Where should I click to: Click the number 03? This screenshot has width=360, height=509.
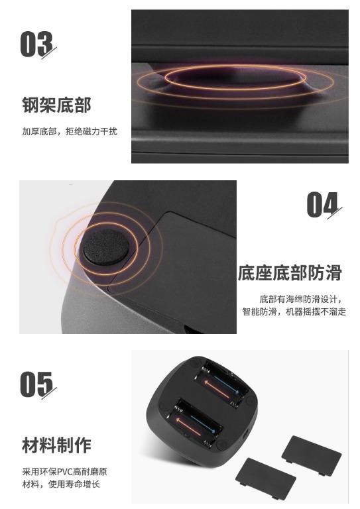pyautogui.click(x=37, y=44)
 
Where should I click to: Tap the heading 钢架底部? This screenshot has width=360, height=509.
pyautogui.click(x=56, y=105)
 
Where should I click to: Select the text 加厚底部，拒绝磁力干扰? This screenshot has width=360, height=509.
pyautogui.click(x=69, y=131)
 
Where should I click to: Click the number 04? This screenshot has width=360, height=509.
pyautogui.click(x=323, y=205)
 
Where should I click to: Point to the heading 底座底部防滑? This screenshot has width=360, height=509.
pyautogui.click(x=290, y=272)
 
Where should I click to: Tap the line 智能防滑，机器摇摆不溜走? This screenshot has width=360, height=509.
pyautogui.click(x=294, y=311)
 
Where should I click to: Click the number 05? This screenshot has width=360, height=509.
pyautogui.click(x=37, y=384)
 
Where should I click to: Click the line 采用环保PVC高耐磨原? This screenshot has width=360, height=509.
pyautogui.click(x=64, y=472)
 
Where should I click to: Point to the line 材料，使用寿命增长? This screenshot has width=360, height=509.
pyautogui.click(x=60, y=484)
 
